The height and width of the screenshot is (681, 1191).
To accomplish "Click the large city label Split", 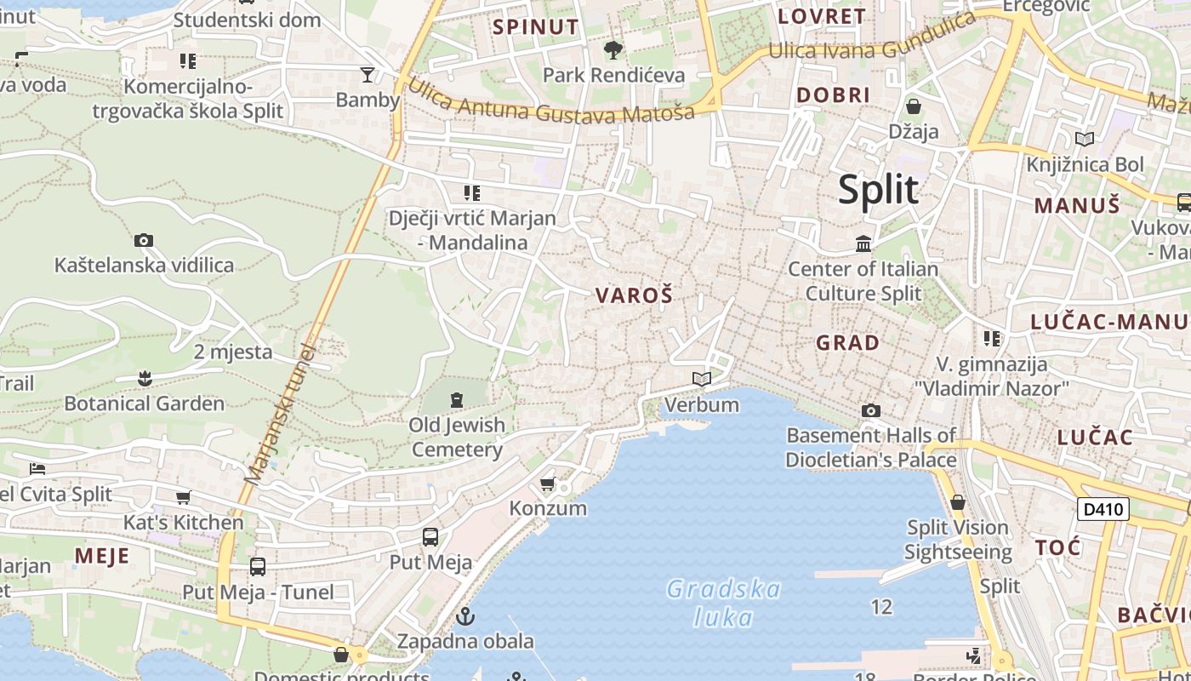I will tap(878, 189).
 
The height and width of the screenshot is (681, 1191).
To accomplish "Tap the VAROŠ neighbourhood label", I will tap(634, 295).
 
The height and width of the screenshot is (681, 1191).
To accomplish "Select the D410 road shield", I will tap(1103, 509).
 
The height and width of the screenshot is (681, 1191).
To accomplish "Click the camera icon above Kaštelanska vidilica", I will tap(144, 240).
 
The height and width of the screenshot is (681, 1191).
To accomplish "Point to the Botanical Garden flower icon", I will tap(145, 377).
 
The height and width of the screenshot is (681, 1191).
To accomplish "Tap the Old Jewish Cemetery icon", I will tap(457, 399).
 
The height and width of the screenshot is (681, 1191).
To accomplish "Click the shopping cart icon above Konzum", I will tap(548, 484).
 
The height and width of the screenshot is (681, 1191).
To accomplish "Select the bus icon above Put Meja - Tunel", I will tap(258, 566).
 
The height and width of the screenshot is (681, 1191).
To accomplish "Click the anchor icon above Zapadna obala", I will tap(465, 616).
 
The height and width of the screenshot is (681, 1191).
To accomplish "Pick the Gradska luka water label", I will tap(723, 602).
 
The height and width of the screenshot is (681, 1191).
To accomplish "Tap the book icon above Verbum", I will tap(701, 379).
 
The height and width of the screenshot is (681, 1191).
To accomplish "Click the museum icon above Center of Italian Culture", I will tap(863, 244).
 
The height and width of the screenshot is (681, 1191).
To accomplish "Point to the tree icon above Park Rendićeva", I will tap(613, 50).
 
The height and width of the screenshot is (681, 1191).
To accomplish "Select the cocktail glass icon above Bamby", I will tap(368, 75).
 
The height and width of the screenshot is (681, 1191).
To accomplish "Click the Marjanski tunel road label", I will tap(279, 414).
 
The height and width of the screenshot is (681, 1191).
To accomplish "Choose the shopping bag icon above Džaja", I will tap(914, 106).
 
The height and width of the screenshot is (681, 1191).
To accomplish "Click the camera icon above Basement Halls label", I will tap(870, 411).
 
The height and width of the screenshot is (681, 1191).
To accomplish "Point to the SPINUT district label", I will tap(536, 26).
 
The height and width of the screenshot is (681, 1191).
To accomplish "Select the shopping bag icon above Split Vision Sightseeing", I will tap(958, 502).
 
